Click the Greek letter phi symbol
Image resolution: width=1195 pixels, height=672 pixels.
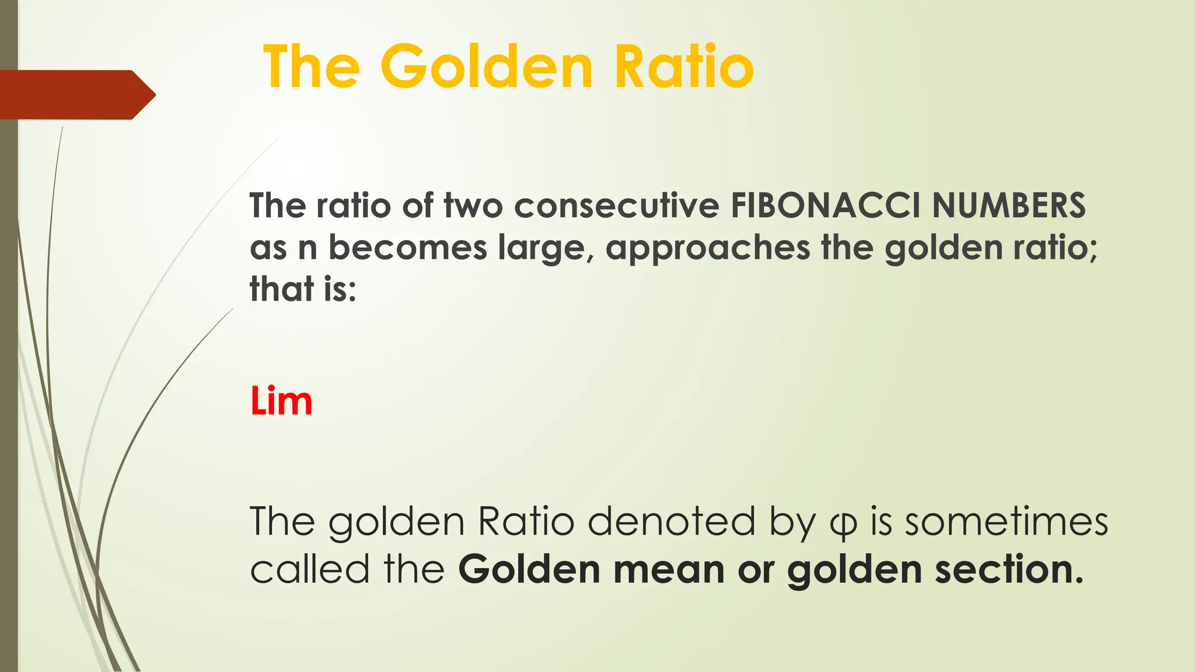click(843, 523)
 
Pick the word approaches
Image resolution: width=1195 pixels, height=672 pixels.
click(708, 249)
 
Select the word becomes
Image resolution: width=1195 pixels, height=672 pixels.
click(407, 247)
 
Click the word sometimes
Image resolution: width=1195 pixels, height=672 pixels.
click(1006, 521)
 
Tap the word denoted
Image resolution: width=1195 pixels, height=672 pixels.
click(672, 521)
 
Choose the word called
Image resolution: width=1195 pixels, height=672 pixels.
click(310, 569)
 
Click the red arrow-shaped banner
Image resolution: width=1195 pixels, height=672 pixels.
click(76, 94)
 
